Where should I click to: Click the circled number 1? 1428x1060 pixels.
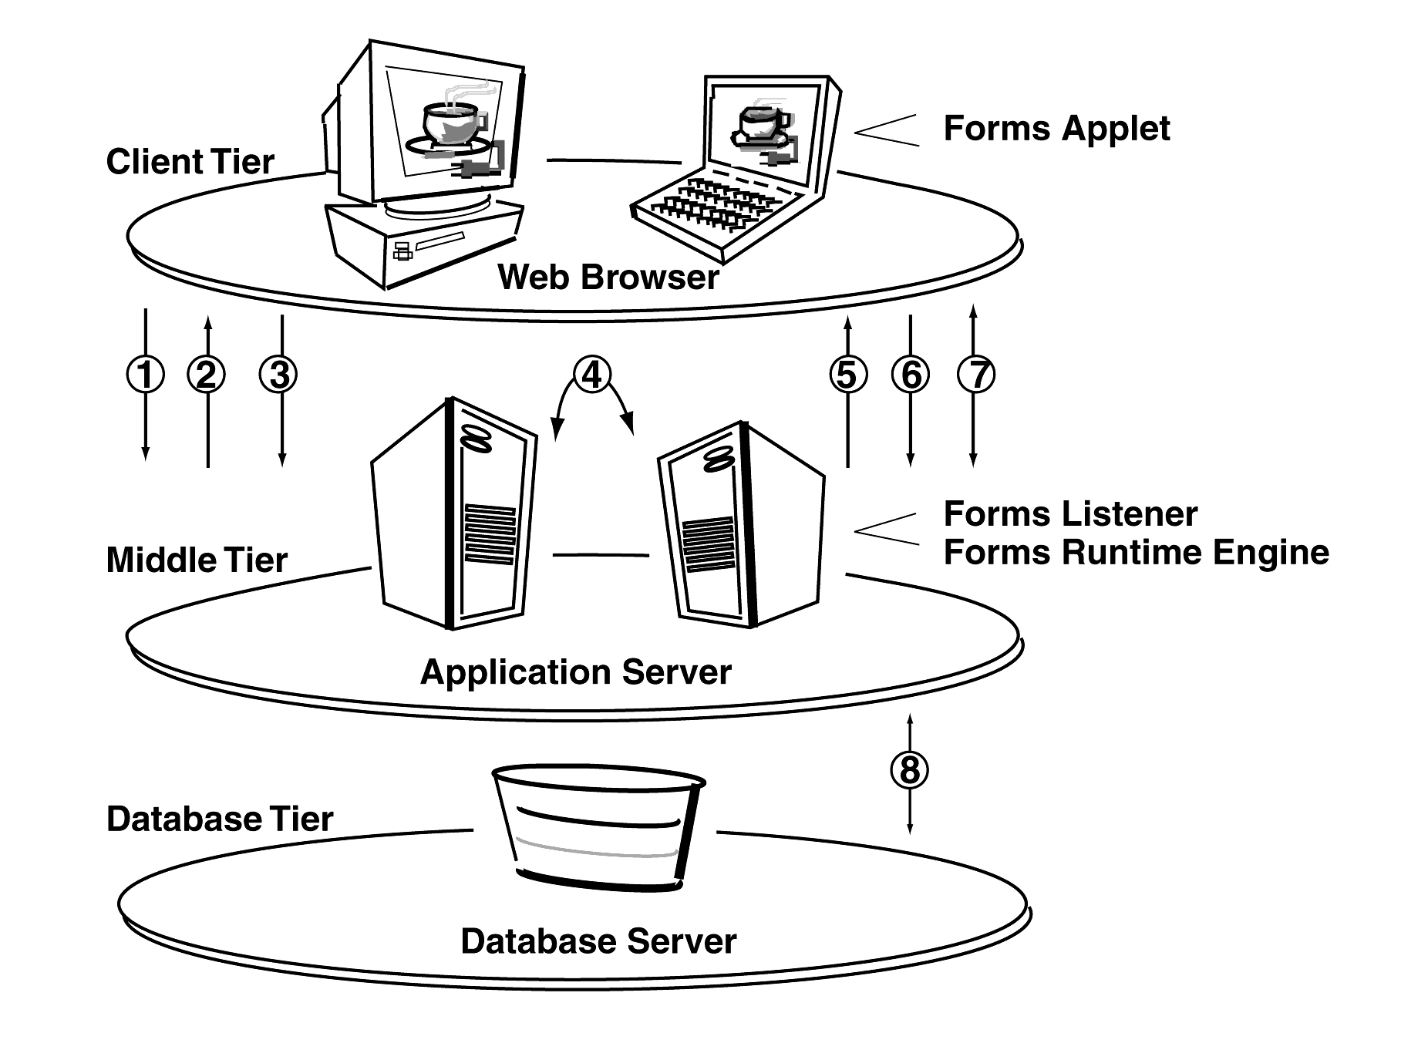point(146,375)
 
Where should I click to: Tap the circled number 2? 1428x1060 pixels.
point(207,375)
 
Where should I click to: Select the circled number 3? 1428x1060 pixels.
point(279,375)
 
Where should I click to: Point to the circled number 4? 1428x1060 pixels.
point(591,375)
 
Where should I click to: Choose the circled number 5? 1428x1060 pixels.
point(847,375)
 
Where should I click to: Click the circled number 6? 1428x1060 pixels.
point(911,375)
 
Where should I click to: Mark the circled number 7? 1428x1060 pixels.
point(976,375)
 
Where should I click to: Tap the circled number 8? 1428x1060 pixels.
point(910,769)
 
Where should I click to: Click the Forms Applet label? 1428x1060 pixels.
point(1056,129)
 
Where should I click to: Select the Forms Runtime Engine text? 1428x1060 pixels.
point(1136,553)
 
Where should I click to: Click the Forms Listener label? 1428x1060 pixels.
point(1070,514)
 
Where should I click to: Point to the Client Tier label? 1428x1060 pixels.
point(190,162)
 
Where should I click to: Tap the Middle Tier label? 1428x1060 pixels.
point(197,560)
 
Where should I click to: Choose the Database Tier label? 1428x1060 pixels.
point(220,819)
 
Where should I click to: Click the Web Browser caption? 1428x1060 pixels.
point(608,278)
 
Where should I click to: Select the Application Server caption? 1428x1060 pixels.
point(575,672)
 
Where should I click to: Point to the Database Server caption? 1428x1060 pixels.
point(598,941)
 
